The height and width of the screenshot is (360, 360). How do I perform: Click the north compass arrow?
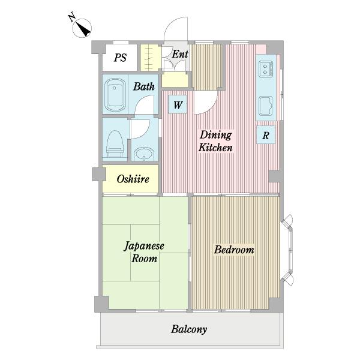(x=82, y=27)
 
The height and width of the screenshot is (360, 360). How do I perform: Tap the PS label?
(x=121, y=58)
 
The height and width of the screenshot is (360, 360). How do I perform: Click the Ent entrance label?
(x=180, y=54)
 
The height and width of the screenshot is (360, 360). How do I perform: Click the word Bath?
(x=144, y=87)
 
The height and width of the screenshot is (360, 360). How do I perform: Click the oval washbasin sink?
(x=144, y=155)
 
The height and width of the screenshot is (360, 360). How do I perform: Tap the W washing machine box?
(x=178, y=105)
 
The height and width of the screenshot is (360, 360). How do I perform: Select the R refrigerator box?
(x=265, y=135)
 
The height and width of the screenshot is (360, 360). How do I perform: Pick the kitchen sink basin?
(x=265, y=108)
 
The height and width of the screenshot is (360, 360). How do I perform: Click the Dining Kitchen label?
(x=216, y=141)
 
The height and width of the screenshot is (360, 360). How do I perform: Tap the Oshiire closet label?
(x=133, y=179)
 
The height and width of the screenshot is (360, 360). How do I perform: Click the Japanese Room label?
(x=144, y=252)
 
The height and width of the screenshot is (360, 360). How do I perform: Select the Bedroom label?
(x=234, y=250)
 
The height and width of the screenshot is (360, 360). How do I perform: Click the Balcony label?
(x=189, y=329)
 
